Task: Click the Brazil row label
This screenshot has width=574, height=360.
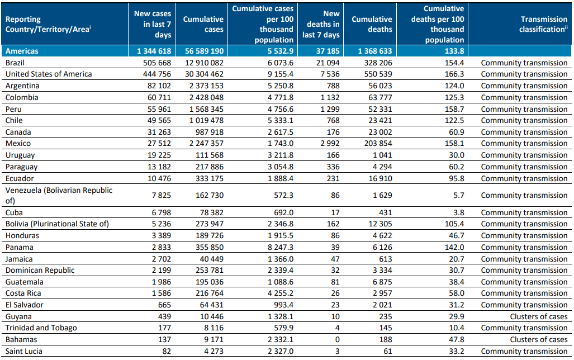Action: click(15, 63)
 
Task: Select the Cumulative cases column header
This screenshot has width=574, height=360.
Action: click(203, 24)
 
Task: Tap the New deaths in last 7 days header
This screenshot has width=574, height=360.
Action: click(321, 24)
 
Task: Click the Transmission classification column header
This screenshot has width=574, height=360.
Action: click(543, 24)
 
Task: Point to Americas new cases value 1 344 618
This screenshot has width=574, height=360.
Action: click(154, 51)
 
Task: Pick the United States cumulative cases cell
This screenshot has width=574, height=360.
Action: click(204, 74)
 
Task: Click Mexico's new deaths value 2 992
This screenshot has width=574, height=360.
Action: click(330, 144)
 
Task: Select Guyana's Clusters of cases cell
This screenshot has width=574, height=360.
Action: click(538, 316)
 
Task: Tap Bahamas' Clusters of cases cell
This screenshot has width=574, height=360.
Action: click(538, 339)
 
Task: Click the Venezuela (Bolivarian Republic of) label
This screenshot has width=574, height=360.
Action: click(59, 195)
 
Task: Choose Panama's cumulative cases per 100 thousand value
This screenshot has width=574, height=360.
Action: click(281, 247)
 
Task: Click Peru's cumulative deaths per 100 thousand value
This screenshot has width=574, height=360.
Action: click(454, 109)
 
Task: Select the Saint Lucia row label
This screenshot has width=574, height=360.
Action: click(24, 351)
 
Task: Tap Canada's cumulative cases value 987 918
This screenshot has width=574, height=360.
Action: click(210, 132)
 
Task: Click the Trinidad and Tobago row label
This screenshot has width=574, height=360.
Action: click(41, 328)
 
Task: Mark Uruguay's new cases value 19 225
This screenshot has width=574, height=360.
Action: click(159, 155)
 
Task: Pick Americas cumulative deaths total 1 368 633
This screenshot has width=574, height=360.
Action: click(375, 51)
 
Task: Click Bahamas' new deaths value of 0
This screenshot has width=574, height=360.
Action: click(337, 339)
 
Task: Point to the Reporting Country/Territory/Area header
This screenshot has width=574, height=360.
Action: click(48, 24)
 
